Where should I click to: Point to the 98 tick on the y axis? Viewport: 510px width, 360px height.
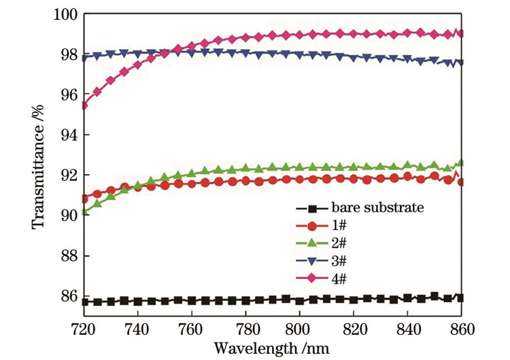point(65,54)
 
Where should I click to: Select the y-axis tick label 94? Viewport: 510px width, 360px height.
point(65,135)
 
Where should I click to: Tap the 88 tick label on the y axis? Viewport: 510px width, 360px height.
point(65,256)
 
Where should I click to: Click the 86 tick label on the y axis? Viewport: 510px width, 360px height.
point(65,296)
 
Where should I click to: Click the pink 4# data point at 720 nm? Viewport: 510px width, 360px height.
point(83,105)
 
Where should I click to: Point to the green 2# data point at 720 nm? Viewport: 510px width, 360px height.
point(83,212)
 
